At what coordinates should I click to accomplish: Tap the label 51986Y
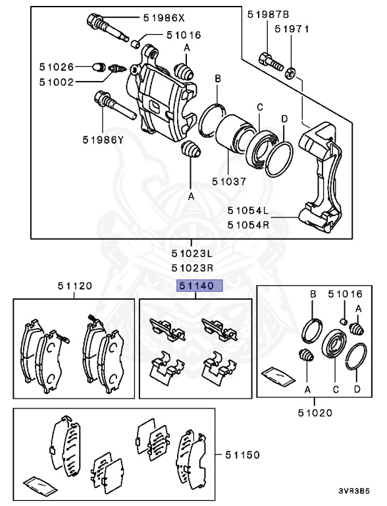103,139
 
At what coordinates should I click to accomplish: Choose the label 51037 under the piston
228,181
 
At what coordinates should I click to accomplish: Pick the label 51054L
249,211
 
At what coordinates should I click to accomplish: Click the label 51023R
192,267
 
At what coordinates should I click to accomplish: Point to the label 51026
56,67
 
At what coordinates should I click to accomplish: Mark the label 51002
56,82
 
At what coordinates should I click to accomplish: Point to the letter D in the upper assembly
284,119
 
